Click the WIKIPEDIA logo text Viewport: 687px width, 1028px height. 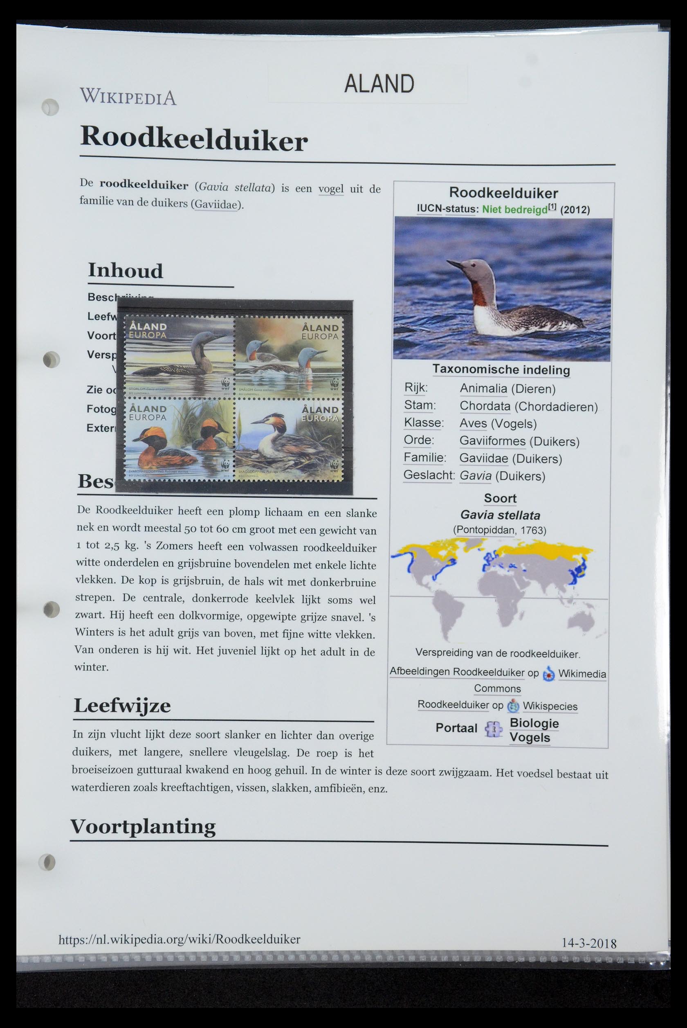[x=128, y=97]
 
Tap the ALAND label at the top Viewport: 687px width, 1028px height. [x=379, y=84]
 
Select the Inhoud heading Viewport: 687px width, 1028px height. [x=125, y=271]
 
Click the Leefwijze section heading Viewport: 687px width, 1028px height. [x=122, y=706]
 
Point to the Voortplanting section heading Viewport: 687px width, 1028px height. [x=143, y=826]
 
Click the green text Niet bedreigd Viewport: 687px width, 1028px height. [x=514, y=209]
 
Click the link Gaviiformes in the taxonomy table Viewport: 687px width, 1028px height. [x=492, y=441]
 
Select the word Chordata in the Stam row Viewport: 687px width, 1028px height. [x=485, y=406]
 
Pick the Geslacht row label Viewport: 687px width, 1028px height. [x=429, y=475]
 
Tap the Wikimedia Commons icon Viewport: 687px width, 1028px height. [x=548, y=674]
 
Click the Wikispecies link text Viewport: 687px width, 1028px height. [x=550, y=706]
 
